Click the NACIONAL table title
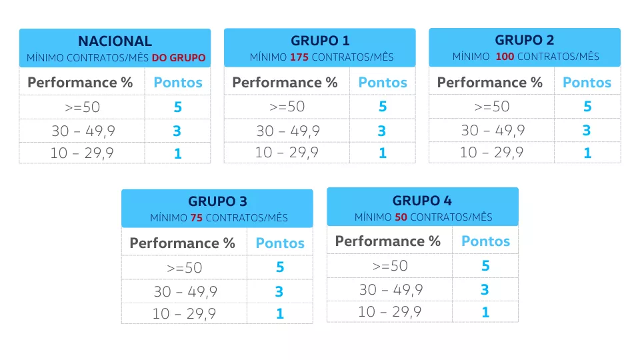115,41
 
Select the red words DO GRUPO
179,58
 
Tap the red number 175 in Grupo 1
299,57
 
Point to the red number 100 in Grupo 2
505,56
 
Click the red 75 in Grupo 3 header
196,218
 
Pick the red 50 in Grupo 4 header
401,217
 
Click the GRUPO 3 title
217,201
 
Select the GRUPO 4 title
422,201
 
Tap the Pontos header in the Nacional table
178,83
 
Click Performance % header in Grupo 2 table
490,83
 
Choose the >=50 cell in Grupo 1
287,107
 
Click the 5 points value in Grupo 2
587,107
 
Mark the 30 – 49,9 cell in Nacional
83,131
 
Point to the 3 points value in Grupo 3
279,291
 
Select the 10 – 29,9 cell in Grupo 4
390,312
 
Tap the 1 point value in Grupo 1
383,153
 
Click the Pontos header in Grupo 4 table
486,241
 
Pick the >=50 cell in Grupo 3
185,268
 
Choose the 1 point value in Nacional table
177,154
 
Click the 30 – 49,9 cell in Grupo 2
493,131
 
